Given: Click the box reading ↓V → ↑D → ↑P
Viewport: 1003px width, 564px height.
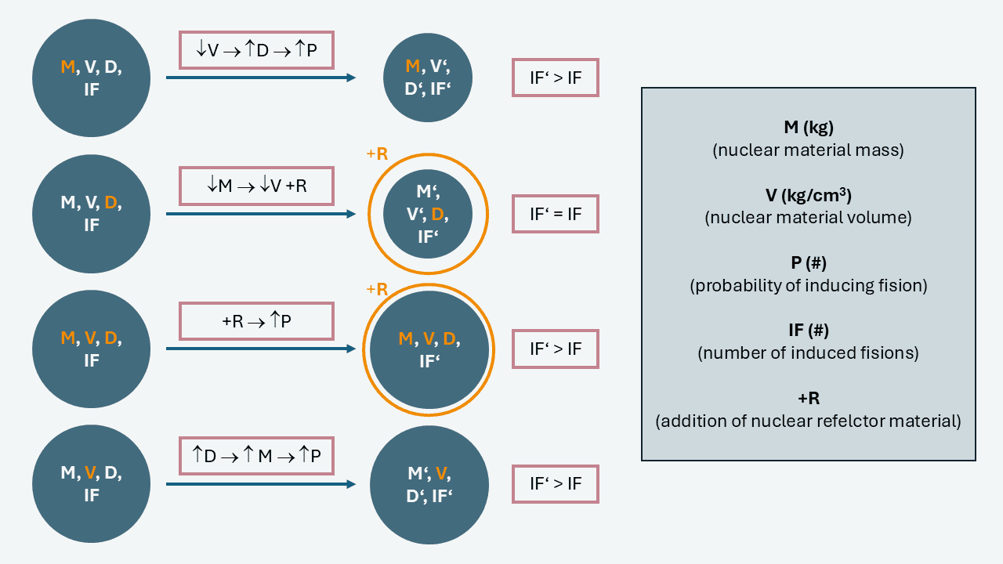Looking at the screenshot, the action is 256,50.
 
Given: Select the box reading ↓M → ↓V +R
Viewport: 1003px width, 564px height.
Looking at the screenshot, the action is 256,186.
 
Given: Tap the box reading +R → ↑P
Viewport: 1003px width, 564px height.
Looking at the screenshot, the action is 256,321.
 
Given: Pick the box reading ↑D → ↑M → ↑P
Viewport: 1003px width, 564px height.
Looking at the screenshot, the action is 256,456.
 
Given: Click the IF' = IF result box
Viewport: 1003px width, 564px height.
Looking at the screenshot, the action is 555,214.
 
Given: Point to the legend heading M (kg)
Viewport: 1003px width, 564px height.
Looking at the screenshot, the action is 808,128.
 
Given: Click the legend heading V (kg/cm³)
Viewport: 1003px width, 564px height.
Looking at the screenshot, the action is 808,196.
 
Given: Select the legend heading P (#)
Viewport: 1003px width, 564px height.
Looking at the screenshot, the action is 808,263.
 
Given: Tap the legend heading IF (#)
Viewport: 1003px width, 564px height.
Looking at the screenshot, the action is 808,331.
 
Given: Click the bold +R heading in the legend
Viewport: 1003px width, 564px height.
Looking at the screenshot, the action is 808,399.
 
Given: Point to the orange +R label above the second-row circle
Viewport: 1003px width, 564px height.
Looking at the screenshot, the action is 377,154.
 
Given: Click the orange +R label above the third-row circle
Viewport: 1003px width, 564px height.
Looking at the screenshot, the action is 377,289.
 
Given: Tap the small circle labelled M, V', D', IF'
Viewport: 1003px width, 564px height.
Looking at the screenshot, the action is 427,78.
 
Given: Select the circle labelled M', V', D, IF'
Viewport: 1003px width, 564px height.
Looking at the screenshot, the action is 427,214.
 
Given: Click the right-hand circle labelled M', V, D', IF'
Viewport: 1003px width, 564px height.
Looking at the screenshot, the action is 429,484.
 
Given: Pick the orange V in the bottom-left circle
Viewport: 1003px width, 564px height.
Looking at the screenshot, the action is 90,473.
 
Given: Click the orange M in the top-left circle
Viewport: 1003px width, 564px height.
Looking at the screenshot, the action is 67,67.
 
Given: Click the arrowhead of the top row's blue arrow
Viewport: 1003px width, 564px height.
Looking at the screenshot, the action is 351,78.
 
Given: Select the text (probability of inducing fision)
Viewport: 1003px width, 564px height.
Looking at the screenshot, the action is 808,286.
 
